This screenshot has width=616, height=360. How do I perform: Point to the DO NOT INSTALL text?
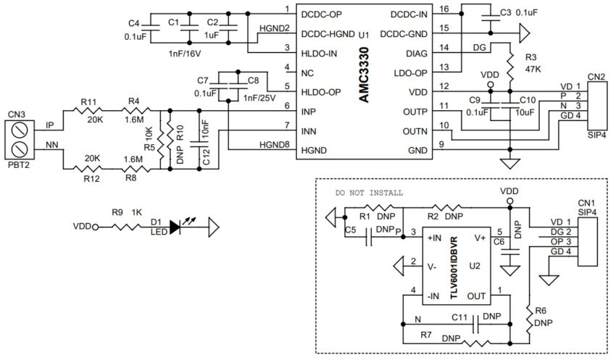(368, 194)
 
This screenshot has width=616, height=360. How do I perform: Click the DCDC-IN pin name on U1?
(411, 14)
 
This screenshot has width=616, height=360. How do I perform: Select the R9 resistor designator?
(118, 213)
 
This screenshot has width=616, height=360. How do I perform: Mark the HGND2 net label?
(274, 28)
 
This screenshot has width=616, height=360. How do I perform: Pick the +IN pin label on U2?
(434, 237)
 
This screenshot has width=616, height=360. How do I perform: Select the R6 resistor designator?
(540, 312)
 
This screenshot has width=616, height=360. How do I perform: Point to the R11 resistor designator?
(88, 103)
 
